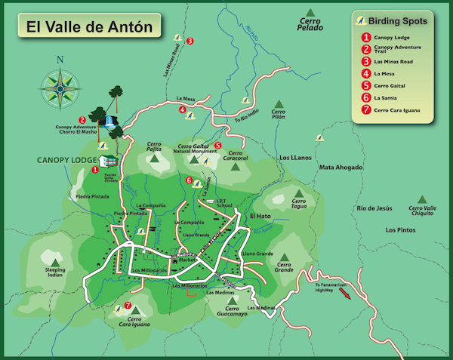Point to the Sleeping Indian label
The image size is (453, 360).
[55, 272]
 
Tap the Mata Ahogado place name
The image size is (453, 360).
[341, 167]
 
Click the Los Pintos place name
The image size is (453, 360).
[401, 229]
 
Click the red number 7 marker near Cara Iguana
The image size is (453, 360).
[128, 305]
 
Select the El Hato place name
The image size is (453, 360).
[260, 216]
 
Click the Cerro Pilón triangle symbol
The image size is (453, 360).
[279, 103]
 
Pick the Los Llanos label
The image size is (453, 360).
[294, 157]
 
